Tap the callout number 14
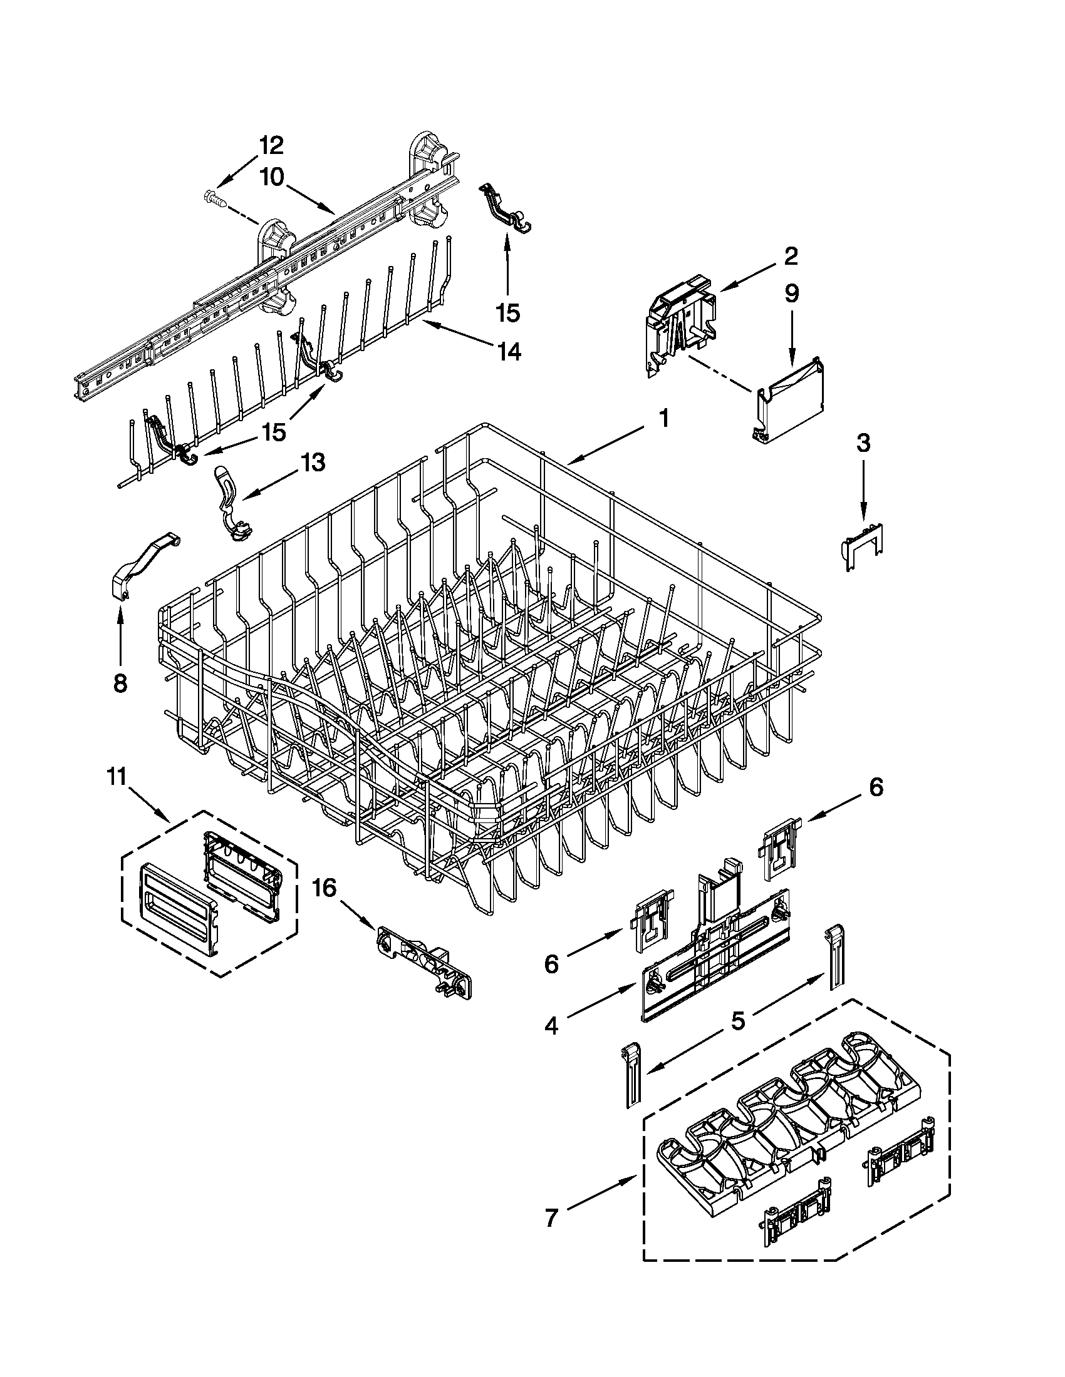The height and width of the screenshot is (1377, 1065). [x=509, y=352]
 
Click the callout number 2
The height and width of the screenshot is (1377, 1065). [x=791, y=256]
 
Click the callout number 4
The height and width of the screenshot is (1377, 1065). [x=551, y=1026]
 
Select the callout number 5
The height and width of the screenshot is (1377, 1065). [x=739, y=1020]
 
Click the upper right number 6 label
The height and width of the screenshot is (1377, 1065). [x=876, y=787]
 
